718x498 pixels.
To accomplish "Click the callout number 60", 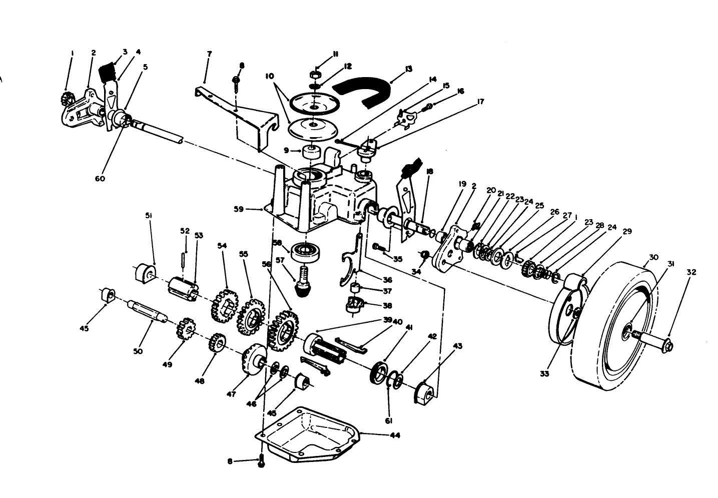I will point(100,179).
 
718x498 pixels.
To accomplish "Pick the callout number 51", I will point(149,216).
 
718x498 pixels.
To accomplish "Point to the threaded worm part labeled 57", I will point(303,283).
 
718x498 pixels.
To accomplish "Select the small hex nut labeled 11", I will point(317,75).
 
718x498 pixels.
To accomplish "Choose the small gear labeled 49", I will point(183,330).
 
